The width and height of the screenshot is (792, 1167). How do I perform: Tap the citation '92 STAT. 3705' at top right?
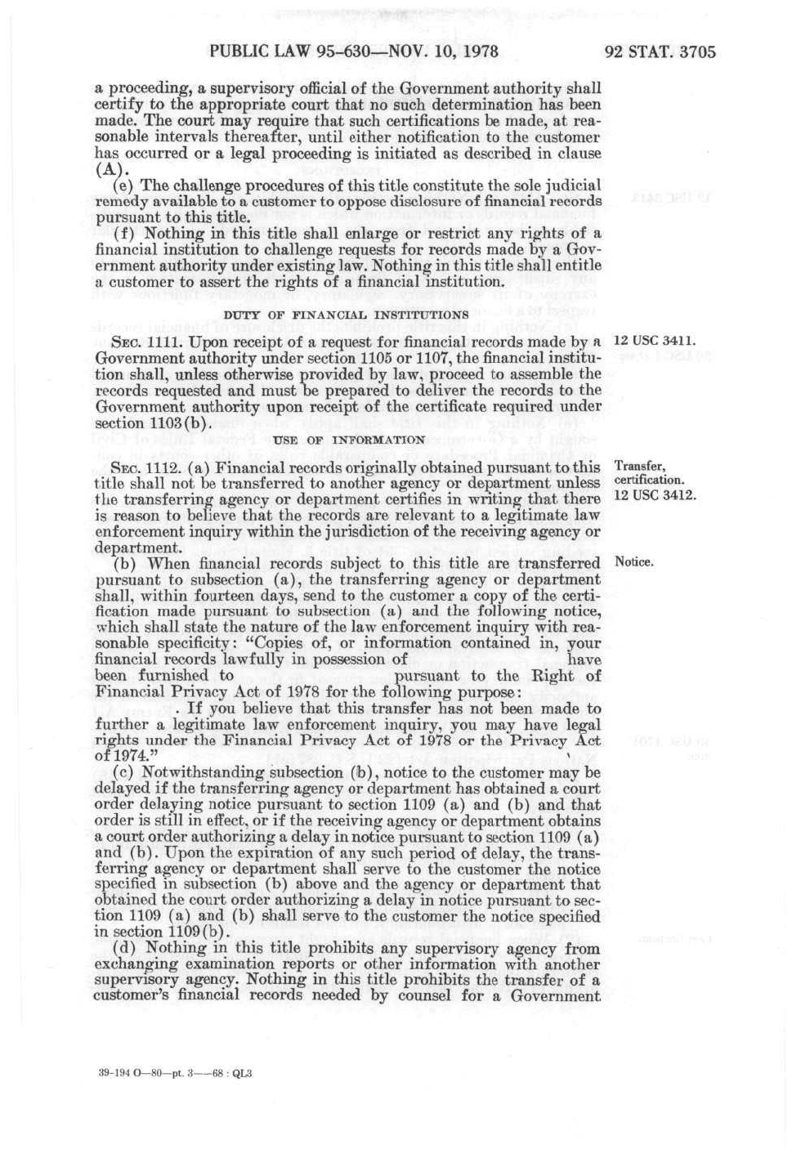tap(660, 52)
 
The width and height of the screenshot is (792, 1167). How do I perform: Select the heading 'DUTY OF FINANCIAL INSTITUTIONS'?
tap(346, 315)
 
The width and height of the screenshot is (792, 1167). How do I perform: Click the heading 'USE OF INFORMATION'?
tap(349, 440)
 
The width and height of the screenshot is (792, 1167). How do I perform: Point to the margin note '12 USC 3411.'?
tap(655, 340)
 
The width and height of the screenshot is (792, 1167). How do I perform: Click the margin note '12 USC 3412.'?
tap(655, 494)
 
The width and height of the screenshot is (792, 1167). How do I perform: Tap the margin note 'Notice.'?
tap(634, 562)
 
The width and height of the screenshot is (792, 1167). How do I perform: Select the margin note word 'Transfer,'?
tap(640, 467)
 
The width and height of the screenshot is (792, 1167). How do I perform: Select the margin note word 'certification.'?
tap(649, 480)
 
